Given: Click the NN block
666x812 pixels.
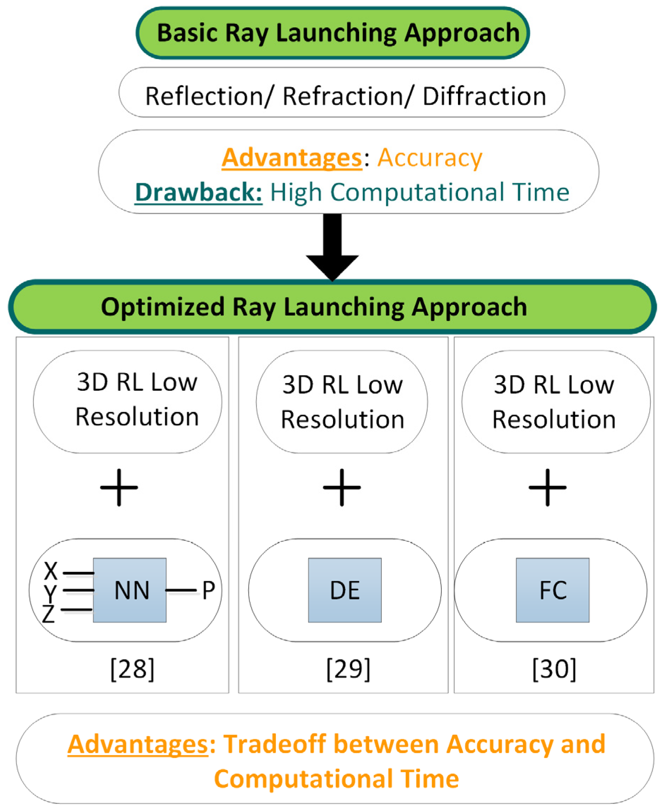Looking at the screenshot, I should (130, 590).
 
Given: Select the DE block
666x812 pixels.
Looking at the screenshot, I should (345, 590).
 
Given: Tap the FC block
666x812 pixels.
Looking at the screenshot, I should (552, 590).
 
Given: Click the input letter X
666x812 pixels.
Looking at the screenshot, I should (50, 571).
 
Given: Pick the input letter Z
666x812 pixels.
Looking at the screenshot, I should (49, 614).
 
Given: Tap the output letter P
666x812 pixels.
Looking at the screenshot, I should (208, 590).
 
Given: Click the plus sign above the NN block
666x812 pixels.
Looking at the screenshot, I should (119, 488).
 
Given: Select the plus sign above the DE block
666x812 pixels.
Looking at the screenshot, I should (342, 488).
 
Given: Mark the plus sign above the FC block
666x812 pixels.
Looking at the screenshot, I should (547, 488).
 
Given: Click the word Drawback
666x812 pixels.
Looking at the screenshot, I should (198, 192).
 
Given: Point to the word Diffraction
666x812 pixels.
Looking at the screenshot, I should (484, 96).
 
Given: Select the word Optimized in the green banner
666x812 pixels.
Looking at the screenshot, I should (163, 307).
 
